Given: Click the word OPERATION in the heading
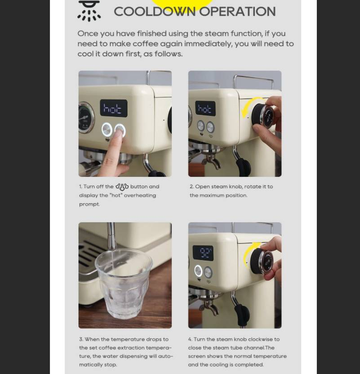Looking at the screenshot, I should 237,12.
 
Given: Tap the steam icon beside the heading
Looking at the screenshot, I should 89,11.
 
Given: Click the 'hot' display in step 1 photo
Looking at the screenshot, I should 113,108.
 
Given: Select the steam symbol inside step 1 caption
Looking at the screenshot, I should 122,187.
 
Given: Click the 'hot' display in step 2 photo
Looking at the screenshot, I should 205,109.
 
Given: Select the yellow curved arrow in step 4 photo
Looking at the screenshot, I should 249,254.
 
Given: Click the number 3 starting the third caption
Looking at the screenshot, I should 81,339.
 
